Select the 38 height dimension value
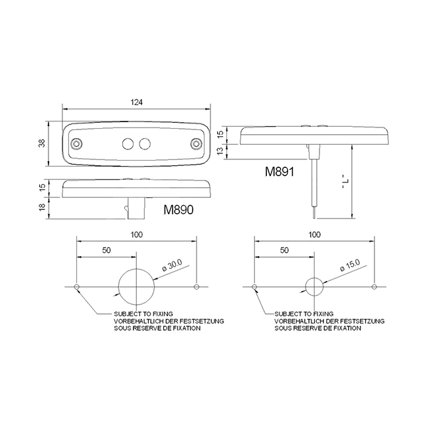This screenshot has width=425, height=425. [x=42, y=143]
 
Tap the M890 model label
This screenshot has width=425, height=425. [x=177, y=211]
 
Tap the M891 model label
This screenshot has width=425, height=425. [x=280, y=171]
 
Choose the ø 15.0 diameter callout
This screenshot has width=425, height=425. [x=349, y=266]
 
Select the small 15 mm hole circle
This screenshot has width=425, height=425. [x=314, y=287]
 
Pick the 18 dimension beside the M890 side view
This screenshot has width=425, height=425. [x=42, y=208]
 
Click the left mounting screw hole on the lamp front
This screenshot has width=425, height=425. [x=77, y=143]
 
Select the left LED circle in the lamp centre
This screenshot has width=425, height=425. [x=127, y=143]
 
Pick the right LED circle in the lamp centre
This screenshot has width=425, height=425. [x=145, y=143]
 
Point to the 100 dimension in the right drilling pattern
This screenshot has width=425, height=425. [x=314, y=234]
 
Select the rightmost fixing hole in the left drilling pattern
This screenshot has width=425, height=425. [x=196, y=287]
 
